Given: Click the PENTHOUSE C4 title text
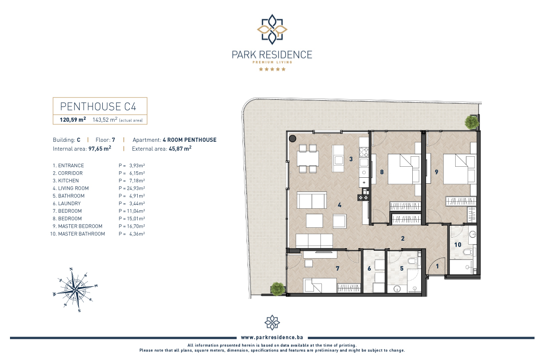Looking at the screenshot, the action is (x=98, y=106).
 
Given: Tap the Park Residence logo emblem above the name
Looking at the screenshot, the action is (x=272, y=29).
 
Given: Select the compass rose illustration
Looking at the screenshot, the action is (x=75, y=289).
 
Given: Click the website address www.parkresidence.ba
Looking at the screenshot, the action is (x=272, y=337).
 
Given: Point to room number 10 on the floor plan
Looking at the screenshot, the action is (x=458, y=245).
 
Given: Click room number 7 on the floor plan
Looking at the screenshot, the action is (x=337, y=269).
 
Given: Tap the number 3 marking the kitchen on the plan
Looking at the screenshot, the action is (x=351, y=159).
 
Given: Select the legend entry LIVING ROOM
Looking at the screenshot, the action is (x=73, y=188).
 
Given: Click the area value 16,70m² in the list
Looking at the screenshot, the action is (x=136, y=226).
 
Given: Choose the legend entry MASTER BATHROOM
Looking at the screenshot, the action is (x=81, y=234).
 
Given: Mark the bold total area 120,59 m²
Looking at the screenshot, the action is (x=73, y=119).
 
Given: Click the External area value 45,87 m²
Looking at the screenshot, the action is (x=180, y=148).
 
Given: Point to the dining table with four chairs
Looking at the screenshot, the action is (x=308, y=159).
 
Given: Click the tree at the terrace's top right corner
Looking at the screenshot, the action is (x=472, y=122).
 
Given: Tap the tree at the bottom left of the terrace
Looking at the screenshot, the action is (x=277, y=289).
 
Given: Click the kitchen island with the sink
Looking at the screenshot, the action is (x=338, y=159).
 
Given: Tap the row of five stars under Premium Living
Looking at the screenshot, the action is (x=272, y=69).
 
